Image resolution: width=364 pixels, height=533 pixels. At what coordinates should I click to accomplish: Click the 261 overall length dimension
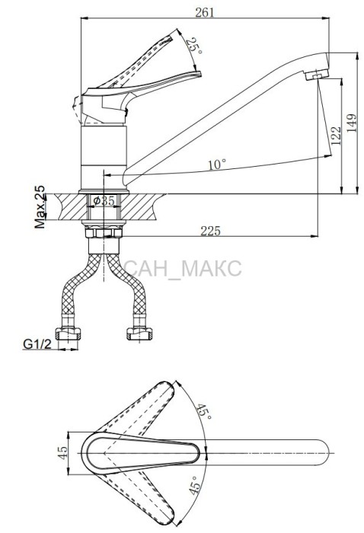tap(205, 12)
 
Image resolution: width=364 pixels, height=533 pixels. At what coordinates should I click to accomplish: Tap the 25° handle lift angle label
tap(195, 46)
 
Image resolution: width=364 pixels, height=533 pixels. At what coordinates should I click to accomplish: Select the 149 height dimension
tap(353, 123)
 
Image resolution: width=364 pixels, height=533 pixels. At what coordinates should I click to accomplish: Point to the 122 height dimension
tap(336, 136)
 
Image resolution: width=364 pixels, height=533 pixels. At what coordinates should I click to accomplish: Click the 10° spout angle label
tap(217, 164)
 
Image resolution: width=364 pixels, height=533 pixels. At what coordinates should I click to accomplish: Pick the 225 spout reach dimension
tap(210, 231)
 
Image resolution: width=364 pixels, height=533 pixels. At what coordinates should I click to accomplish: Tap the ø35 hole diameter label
tap(104, 201)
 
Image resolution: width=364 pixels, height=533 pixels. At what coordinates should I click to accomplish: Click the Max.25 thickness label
tap(40, 206)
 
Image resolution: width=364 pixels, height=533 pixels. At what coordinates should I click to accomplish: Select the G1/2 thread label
tap(37, 344)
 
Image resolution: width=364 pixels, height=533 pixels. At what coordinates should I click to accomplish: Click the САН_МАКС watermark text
tap(183, 268)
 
